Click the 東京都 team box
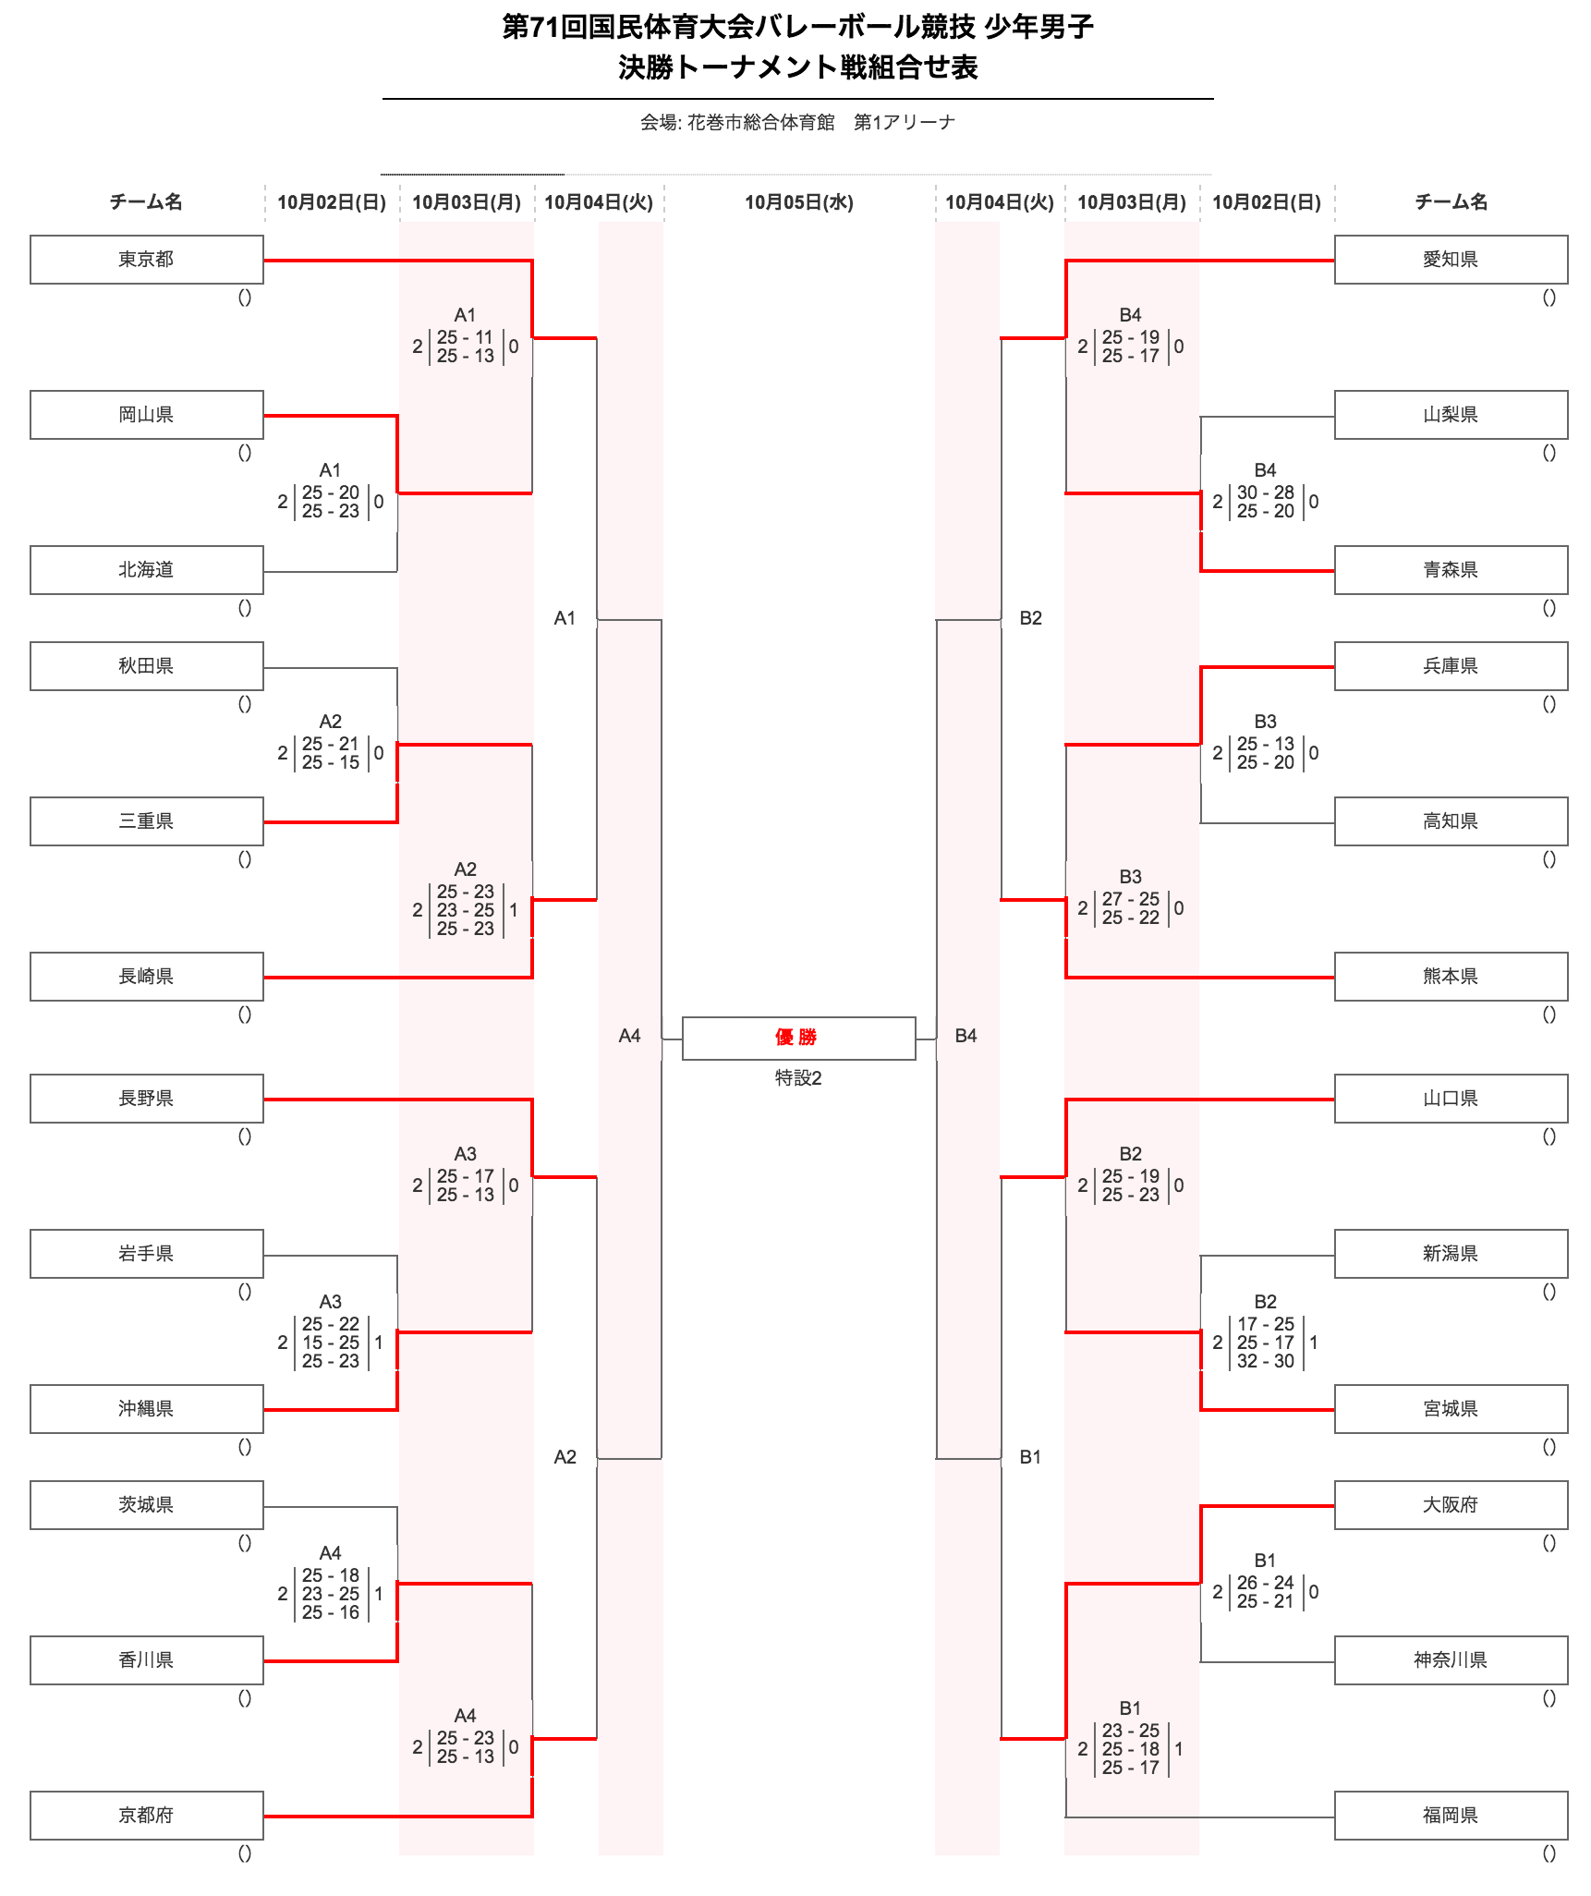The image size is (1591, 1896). click(146, 260)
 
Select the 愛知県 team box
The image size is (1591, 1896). click(1450, 260)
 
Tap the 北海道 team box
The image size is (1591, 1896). click(146, 570)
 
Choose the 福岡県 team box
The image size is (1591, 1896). click(1450, 1816)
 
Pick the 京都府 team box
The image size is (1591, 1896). click(146, 1816)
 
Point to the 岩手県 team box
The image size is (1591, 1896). click(146, 1254)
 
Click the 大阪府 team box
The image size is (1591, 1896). click(1450, 1505)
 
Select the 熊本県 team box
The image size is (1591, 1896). click(1450, 977)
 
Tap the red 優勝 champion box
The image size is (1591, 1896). click(798, 1038)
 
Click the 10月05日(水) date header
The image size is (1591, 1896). click(798, 202)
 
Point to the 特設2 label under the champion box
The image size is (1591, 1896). click(798, 1078)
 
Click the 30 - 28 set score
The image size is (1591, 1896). click(1265, 493)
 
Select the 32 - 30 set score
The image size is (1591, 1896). click(1265, 1361)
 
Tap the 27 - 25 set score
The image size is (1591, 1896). click(1130, 899)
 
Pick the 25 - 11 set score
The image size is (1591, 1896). click(465, 337)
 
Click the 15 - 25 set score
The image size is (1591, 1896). click(330, 1343)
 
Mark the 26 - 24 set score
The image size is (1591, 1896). click(1265, 1583)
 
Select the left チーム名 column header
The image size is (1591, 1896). click(146, 202)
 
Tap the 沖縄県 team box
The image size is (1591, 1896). click(146, 1409)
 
